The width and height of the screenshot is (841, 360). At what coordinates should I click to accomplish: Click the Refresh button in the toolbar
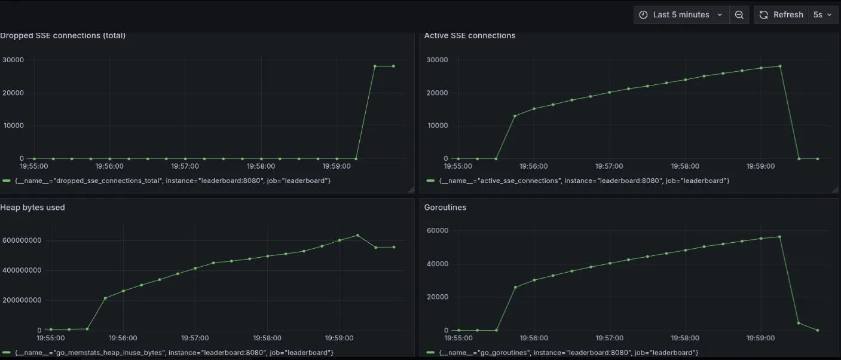pyautogui.click(x=781, y=15)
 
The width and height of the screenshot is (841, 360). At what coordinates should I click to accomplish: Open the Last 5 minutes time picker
pyautogui.click(x=681, y=15)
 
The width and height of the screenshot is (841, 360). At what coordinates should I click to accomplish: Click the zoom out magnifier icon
pyautogui.click(x=739, y=15)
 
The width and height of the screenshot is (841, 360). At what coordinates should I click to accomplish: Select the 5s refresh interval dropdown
pyautogui.click(x=822, y=15)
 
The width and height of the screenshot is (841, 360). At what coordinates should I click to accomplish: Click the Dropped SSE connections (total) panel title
pyautogui.click(x=63, y=35)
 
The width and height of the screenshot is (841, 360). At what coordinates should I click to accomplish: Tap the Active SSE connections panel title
pyautogui.click(x=470, y=35)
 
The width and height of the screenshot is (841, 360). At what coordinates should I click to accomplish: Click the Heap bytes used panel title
pyautogui.click(x=33, y=208)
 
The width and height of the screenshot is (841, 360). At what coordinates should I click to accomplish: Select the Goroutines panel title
pyautogui.click(x=445, y=208)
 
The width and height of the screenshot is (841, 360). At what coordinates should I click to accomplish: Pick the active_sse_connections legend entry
pyautogui.click(x=584, y=181)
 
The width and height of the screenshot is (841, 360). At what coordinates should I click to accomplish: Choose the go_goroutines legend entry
pyautogui.click(x=568, y=353)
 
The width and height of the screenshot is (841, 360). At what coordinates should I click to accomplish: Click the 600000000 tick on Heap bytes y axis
pyautogui.click(x=21, y=240)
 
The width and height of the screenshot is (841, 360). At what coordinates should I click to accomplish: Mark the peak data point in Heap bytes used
pyautogui.click(x=357, y=235)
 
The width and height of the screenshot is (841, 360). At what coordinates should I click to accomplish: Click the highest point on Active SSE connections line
pyautogui.click(x=780, y=66)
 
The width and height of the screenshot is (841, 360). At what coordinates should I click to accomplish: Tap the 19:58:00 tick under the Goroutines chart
pyautogui.click(x=685, y=338)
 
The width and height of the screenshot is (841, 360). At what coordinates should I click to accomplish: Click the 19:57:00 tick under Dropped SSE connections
pyautogui.click(x=185, y=166)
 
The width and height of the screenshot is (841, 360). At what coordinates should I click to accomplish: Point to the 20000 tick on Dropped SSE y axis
pyautogui.click(x=13, y=93)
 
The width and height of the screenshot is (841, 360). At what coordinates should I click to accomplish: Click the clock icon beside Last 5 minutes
pyautogui.click(x=643, y=15)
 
